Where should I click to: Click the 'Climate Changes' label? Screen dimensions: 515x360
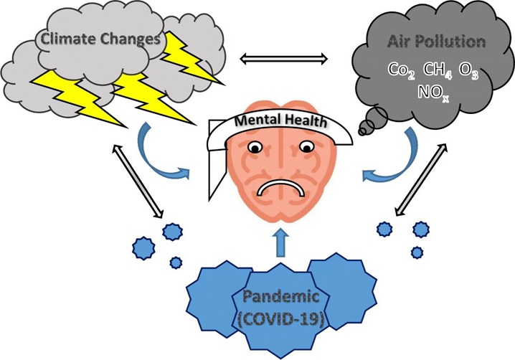[100, 39]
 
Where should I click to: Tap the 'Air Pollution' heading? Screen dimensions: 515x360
[437, 42]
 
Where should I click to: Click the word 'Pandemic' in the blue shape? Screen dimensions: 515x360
[281, 297]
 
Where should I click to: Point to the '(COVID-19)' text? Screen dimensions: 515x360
[281, 318]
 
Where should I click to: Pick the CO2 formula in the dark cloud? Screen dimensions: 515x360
[402, 70]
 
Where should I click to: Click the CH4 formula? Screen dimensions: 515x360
[438, 70]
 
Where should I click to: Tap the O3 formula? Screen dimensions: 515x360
[468, 70]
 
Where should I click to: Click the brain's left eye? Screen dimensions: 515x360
[255, 147]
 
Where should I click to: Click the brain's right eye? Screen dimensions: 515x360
[306, 147]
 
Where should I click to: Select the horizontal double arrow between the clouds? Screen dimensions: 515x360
[284, 59]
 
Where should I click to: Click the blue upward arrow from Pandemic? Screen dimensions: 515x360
[281, 242]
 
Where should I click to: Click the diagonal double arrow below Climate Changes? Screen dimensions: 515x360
[138, 181]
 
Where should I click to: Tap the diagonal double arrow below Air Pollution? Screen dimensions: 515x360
[421, 180]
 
